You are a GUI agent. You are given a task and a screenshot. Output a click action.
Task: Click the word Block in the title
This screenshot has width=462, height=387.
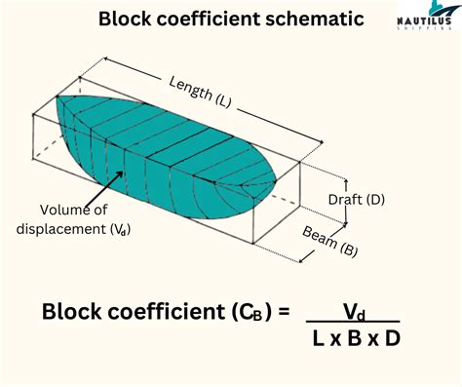pos(124,19)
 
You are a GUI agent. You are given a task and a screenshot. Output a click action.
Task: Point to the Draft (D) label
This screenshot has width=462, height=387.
pos(357,200)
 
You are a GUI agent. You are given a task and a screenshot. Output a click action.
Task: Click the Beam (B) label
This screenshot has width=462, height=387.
pos(327,238)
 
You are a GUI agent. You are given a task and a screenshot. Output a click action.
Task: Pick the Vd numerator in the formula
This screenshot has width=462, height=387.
pos(353,310)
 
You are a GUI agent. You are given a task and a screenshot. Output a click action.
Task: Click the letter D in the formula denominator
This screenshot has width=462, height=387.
pos(391,339)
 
